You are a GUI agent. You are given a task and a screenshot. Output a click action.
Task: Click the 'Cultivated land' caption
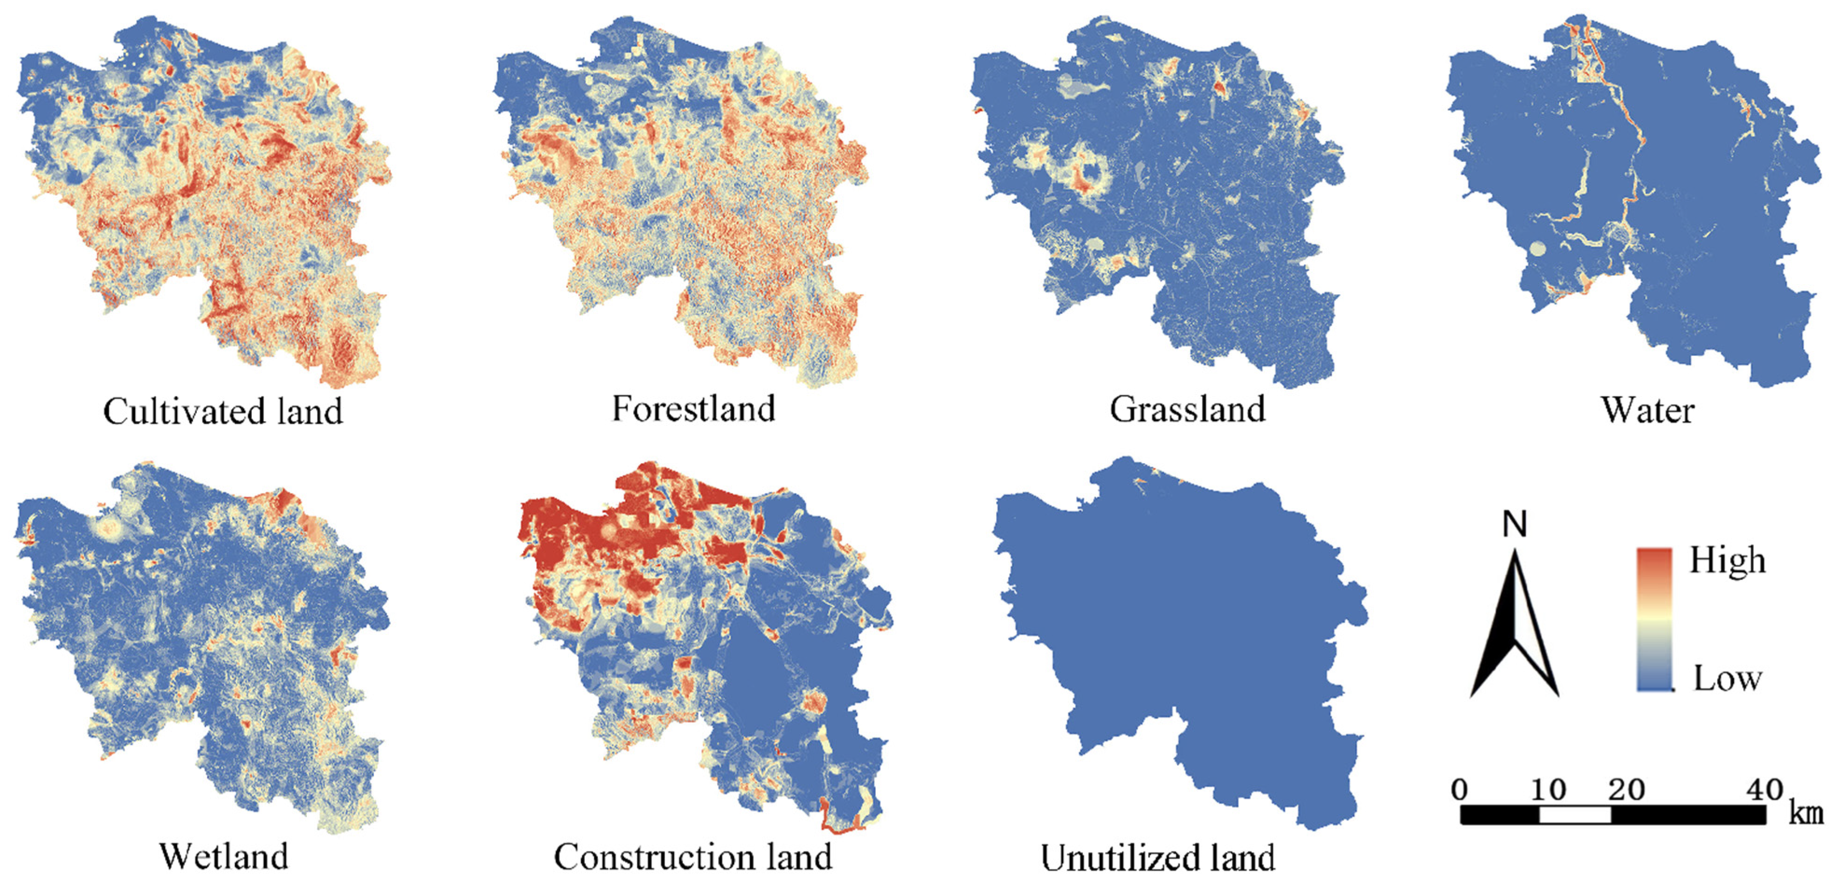[x=223, y=412]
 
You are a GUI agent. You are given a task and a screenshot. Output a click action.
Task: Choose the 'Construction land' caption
[x=693, y=857]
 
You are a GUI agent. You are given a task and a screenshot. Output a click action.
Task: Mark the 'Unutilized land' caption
[x=1158, y=859]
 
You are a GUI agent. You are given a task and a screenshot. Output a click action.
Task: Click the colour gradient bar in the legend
[x=1654, y=619]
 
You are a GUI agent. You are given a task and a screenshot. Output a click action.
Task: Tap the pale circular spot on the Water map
[x=1538, y=249]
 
